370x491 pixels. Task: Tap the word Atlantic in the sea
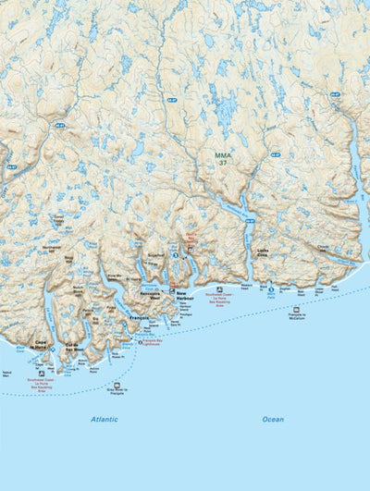[x=105, y=419]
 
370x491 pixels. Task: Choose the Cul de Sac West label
[x=74, y=348]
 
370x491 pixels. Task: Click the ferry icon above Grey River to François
[x=117, y=385]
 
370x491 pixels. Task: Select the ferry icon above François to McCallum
[x=296, y=309]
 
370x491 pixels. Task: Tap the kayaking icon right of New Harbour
[x=219, y=288]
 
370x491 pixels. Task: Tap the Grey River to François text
[x=117, y=394]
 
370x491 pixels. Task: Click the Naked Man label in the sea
[x=6, y=374]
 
